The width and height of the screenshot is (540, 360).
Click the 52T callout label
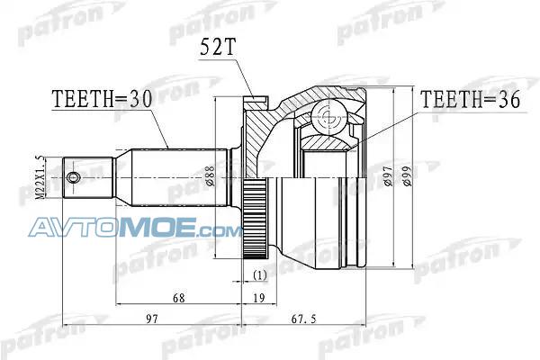tap(218, 47)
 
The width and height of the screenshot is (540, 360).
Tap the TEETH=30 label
tap(102, 99)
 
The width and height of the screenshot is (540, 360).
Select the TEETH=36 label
tap(471, 100)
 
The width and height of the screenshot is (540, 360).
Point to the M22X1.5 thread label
tap(40, 177)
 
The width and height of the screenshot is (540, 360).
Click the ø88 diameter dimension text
tap(211, 176)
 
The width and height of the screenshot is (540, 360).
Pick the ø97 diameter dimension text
tap(388, 175)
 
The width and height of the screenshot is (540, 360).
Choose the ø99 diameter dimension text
tap(407, 175)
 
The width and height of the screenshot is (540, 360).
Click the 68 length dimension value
tap(179, 298)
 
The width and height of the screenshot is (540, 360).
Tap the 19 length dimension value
tap(259, 298)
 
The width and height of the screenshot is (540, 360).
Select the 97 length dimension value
tap(152, 319)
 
